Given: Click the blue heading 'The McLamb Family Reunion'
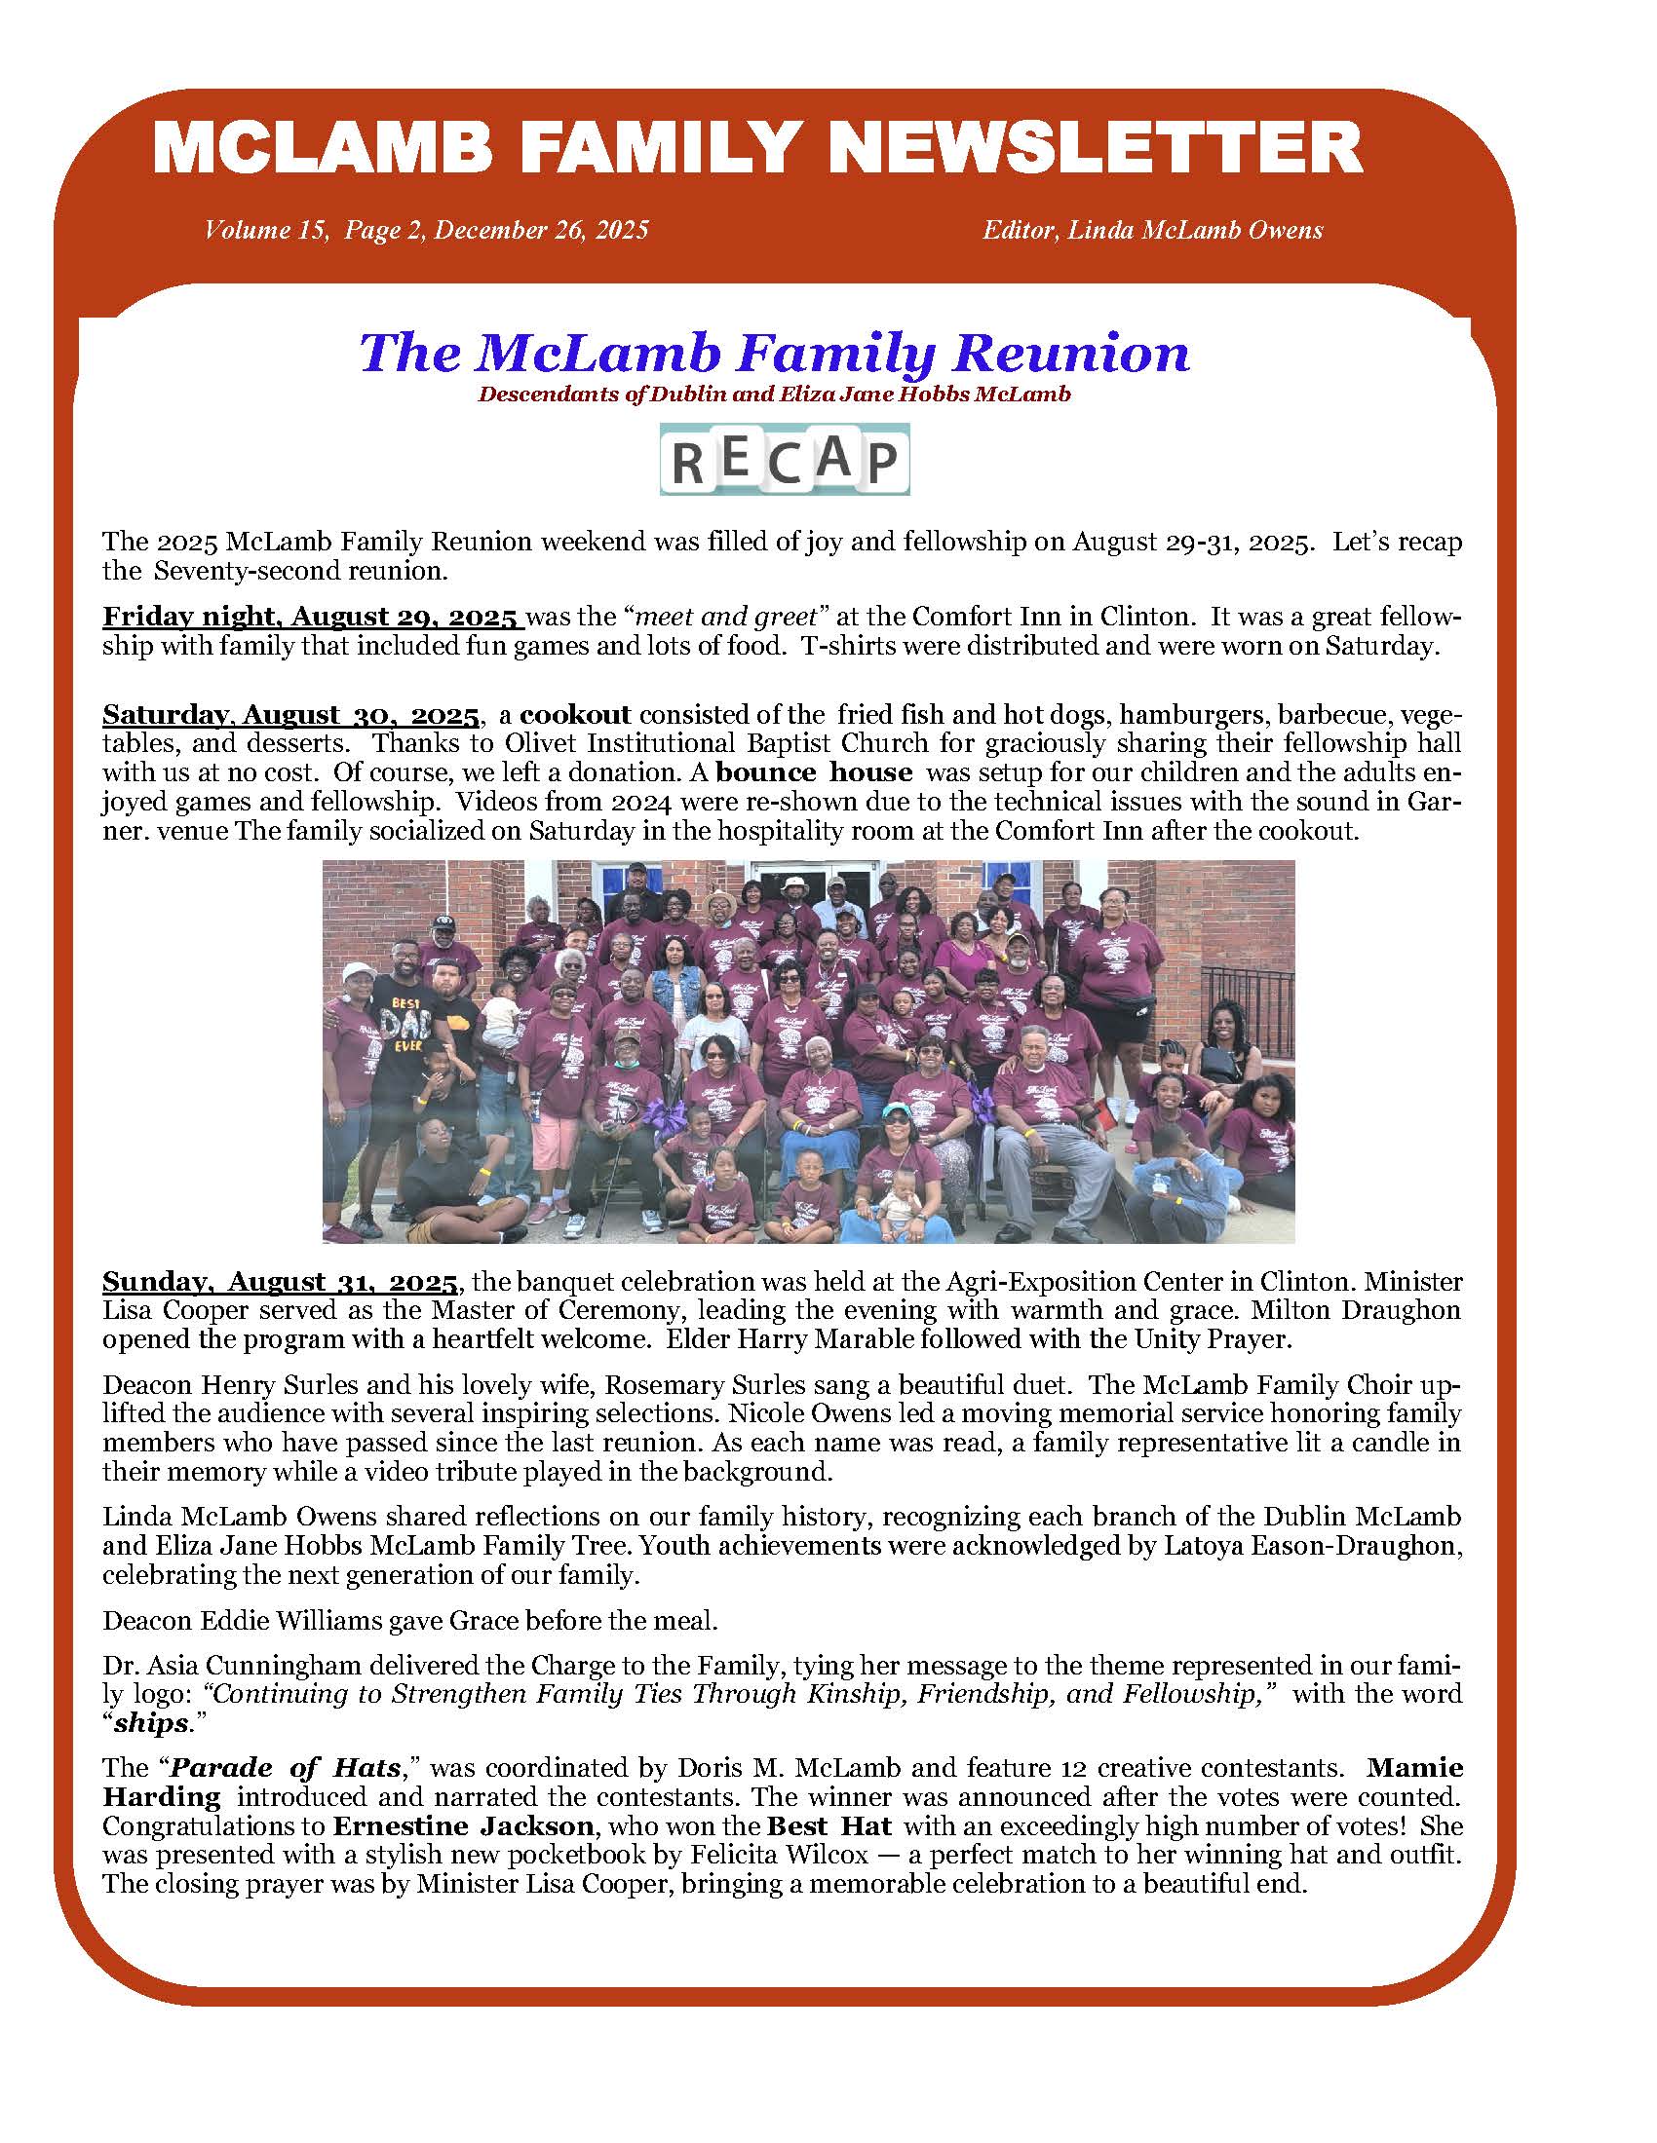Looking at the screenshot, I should (x=775, y=354).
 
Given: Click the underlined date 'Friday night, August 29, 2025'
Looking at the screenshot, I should (x=310, y=618).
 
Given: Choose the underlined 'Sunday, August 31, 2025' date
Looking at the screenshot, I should (x=280, y=1282).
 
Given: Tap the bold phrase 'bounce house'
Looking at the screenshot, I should (x=814, y=772).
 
